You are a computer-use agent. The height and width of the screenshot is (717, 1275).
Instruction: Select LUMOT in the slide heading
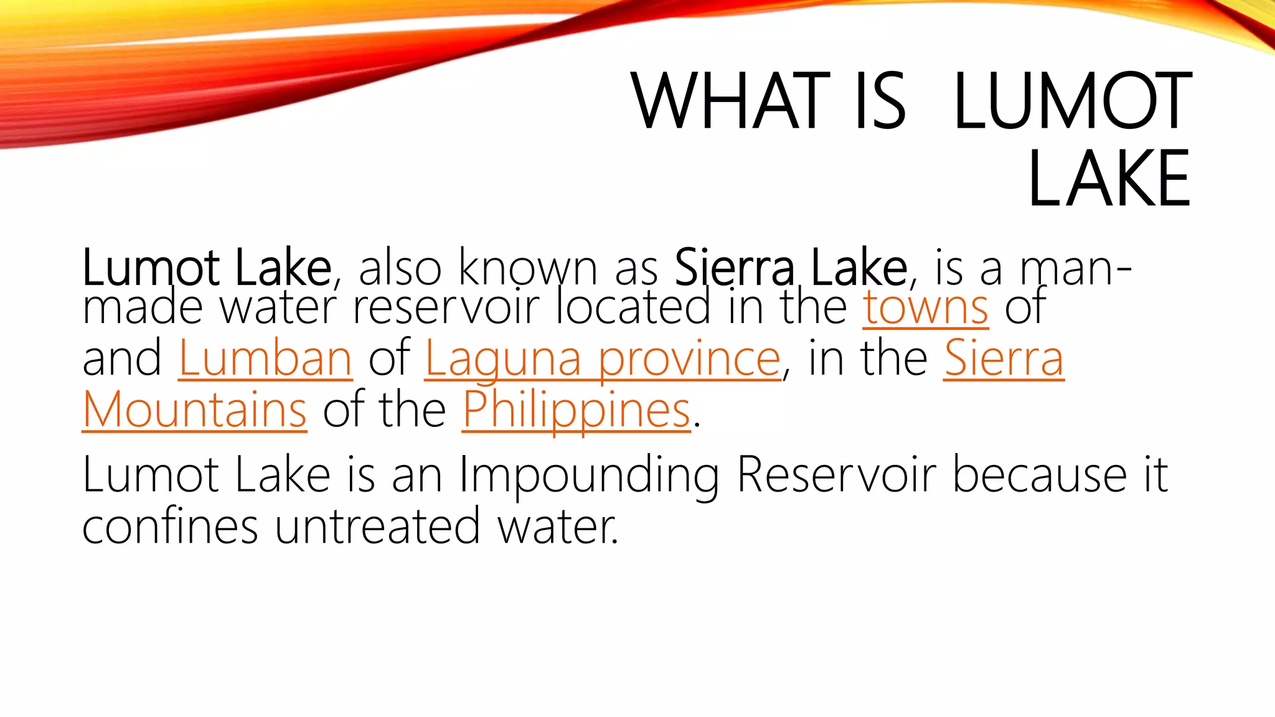(x=1073, y=101)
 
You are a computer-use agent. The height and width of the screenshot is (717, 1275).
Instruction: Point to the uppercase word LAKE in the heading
(x=1109, y=179)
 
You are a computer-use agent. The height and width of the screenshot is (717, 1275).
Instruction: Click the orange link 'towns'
(x=925, y=307)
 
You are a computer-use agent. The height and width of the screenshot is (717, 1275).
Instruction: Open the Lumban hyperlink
(x=265, y=358)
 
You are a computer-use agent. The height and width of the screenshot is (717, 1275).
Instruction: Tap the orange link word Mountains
(x=194, y=410)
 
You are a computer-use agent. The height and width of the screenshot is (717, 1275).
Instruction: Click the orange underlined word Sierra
(x=1004, y=358)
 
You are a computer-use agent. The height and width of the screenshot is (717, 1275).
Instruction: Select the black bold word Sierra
(x=734, y=268)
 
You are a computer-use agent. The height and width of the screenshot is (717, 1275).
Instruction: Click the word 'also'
(x=400, y=268)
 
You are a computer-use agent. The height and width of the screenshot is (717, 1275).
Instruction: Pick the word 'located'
(x=633, y=307)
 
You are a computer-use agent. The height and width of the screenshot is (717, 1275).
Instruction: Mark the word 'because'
(x=1040, y=476)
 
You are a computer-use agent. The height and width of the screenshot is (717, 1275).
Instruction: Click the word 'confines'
(x=170, y=527)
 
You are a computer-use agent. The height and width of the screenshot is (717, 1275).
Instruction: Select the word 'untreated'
(x=377, y=527)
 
